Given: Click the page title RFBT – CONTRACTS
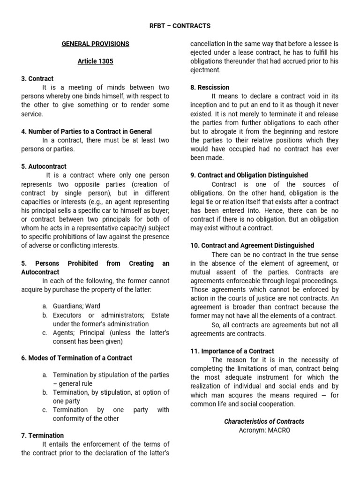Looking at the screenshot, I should tap(180, 26).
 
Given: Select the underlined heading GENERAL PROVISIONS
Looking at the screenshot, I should tap(96, 44).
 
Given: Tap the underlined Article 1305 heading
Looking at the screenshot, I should tap(96, 61).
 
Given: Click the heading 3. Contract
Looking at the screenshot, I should tap(37, 79).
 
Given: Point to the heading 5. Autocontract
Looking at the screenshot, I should tap(44, 166).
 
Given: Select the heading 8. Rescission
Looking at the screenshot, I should tap(210, 87).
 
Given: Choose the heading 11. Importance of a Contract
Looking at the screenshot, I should tap(232, 351).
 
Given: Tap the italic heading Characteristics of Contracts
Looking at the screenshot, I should tap(264, 421).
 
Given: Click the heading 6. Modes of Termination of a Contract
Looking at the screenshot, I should tap(77, 358).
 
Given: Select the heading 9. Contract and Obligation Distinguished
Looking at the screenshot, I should tap(249, 175).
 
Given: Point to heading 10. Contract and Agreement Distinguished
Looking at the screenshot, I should tap(252, 245).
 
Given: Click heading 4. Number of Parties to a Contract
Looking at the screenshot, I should tap(87, 131).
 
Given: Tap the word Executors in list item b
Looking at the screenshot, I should tap(68, 315).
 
